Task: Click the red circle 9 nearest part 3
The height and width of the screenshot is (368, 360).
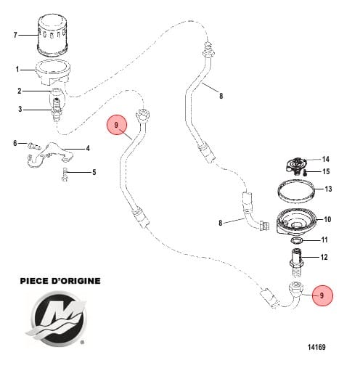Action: pyautogui.click(x=117, y=125)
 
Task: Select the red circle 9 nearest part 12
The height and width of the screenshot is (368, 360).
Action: pyautogui.click(x=322, y=295)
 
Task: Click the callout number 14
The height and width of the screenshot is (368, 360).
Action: pyautogui.click(x=326, y=159)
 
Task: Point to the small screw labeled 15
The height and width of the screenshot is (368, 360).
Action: pyautogui.click(x=307, y=172)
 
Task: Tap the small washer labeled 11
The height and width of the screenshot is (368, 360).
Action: pyautogui.click(x=298, y=240)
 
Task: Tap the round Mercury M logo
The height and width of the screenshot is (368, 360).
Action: pyautogui.click(x=57, y=318)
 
